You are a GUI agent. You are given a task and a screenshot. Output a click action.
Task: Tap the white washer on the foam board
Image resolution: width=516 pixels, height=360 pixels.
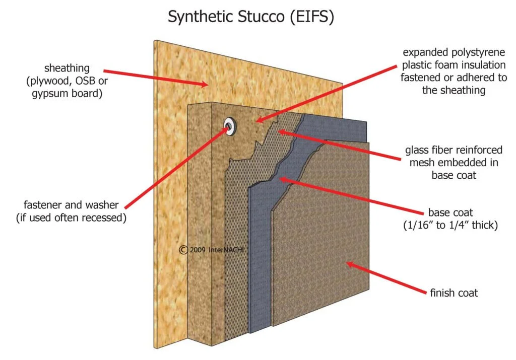(x=229, y=126)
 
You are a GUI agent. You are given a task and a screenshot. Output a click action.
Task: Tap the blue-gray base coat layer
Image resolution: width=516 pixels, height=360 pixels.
(x=260, y=252)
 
